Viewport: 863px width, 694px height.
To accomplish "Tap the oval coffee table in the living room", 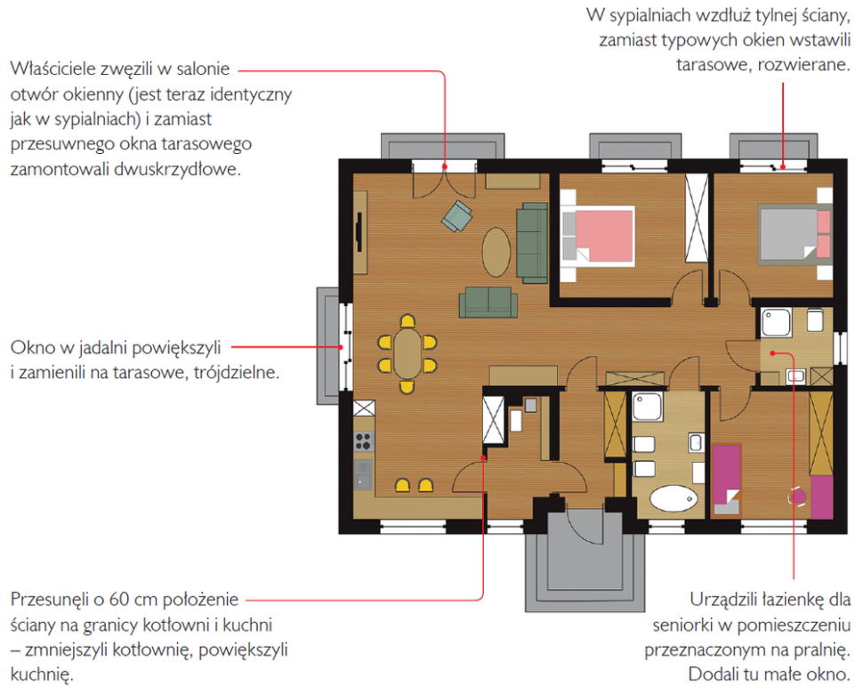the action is (x=496, y=252).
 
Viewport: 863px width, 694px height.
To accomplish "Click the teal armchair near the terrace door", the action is (x=456, y=215).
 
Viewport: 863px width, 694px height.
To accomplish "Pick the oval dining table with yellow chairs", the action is (x=407, y=353).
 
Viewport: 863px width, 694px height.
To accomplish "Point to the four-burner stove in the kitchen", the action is (x=363, y=441).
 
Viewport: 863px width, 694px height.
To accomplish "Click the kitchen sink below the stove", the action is (x=363, y=474).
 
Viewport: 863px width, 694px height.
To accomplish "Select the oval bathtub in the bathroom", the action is (x=673, y=498).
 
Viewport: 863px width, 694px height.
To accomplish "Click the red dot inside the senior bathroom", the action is (x=772, y=352).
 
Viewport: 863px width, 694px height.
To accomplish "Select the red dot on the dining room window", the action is (x=342, y=347).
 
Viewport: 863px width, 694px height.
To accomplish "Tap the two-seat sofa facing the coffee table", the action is (x=488, y=303).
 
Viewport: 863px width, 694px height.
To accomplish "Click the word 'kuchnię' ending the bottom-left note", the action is (x=41, y=674).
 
